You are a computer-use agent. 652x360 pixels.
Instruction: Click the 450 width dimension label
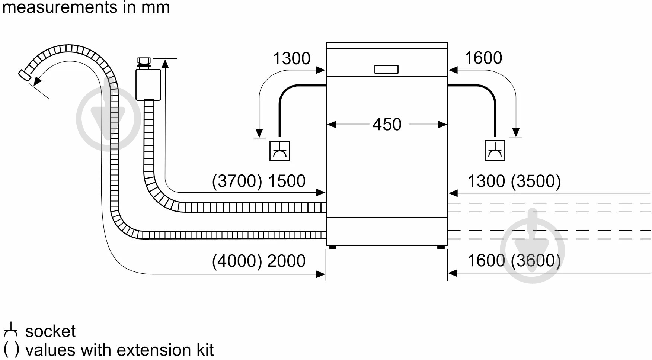pos(387,124)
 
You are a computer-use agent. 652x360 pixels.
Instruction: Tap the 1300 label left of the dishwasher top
pos(291,58)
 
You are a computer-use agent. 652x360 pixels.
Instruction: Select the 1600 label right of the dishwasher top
pos(483,58)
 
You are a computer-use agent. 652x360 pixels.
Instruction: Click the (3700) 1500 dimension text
pos(259,181)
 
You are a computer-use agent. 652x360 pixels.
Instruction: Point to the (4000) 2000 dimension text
pos(259,261)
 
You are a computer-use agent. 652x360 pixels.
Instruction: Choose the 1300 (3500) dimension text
pos(514,181)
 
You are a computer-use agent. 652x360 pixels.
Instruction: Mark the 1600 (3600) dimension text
pos(514,260)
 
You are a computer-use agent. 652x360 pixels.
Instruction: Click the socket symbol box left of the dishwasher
pos(279,151)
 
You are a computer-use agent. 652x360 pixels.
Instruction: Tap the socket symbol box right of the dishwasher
pos(495,150)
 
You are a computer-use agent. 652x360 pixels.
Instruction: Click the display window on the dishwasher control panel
pos(386,70)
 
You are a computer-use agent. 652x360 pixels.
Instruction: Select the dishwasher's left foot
pos(333,247)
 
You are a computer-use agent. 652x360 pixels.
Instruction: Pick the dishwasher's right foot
pos(441,247)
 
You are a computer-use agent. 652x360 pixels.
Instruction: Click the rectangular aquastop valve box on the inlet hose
pos(148,85)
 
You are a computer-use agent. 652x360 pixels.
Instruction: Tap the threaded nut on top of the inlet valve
pos(144,61)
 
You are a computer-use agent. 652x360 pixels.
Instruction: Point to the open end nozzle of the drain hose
pos(25,75)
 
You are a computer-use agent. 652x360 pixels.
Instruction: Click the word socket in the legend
pos(50,331)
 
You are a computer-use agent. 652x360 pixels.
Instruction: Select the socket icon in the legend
pos(11,330)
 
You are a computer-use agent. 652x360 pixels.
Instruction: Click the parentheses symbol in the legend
pos(11,350)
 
